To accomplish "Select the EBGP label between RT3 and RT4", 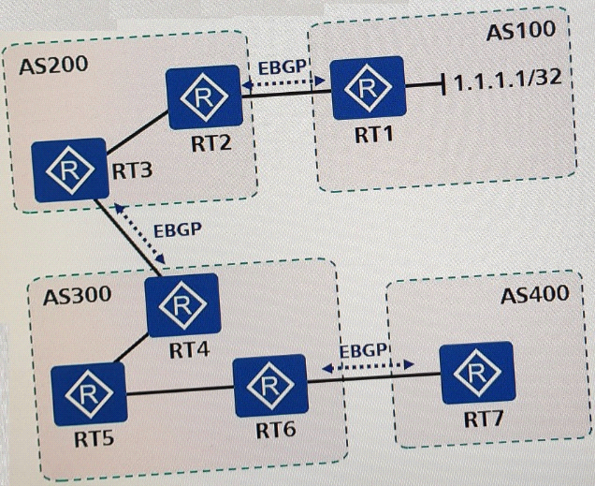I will [x=177, y=229].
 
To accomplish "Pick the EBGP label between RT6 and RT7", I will [x=362, y=350].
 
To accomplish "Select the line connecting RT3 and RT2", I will [x=138, y=133].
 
